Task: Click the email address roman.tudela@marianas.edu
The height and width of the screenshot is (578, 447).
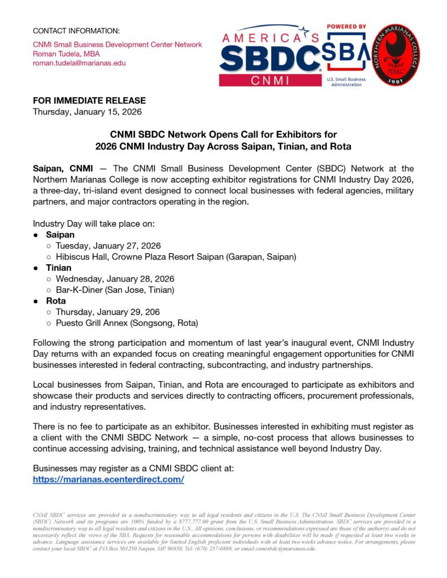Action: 79,63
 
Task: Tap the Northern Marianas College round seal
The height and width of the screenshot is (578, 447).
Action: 396,55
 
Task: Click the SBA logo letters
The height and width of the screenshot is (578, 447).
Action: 346,55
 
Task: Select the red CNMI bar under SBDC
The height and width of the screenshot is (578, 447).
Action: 269,81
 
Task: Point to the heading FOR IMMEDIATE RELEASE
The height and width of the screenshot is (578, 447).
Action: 89,100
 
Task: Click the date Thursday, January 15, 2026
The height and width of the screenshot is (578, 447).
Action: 87,112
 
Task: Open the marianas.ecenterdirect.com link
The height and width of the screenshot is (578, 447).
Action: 109,479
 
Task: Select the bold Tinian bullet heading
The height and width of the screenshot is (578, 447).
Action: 59,268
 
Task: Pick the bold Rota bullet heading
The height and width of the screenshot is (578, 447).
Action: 55,301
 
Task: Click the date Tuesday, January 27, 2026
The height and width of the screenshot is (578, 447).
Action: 108,246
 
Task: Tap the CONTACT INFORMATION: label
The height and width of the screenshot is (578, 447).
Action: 76,30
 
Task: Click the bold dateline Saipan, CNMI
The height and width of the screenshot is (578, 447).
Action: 60,168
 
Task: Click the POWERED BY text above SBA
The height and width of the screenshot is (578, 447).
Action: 346,27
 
